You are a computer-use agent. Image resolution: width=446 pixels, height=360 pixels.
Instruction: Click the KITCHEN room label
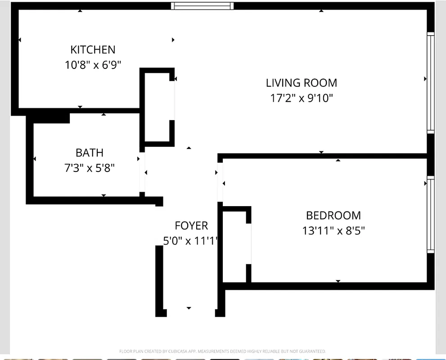pos(93,49)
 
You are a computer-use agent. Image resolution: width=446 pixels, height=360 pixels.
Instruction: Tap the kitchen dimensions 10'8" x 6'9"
pos(93,65)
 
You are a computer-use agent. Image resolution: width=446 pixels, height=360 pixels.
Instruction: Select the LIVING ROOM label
pos(301,83)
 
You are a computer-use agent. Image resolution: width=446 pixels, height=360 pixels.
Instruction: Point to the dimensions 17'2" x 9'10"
pos(301,98)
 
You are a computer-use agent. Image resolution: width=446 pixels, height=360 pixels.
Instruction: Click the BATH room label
pos(89,153)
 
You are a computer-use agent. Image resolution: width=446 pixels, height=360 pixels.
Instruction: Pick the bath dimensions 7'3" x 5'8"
pos(89,168)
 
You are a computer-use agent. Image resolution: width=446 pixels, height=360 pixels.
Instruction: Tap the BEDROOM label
pos(333,215)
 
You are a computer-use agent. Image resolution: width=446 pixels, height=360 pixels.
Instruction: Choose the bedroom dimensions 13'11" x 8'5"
pos(333,231)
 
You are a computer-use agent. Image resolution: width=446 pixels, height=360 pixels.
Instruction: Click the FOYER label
pos(191,225)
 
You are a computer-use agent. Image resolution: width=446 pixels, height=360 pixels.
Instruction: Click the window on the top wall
pos(202,6)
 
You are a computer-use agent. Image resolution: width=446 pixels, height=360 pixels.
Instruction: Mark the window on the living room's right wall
pos(431,83)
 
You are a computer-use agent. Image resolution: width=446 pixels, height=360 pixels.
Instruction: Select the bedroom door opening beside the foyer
pos(220,182)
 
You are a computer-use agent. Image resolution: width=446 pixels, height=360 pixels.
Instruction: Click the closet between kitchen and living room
pos(158,107)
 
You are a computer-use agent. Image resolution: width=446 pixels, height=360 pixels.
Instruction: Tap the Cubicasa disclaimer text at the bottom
pos(222,351)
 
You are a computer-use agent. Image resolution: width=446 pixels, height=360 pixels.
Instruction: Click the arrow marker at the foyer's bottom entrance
pos(189,308)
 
